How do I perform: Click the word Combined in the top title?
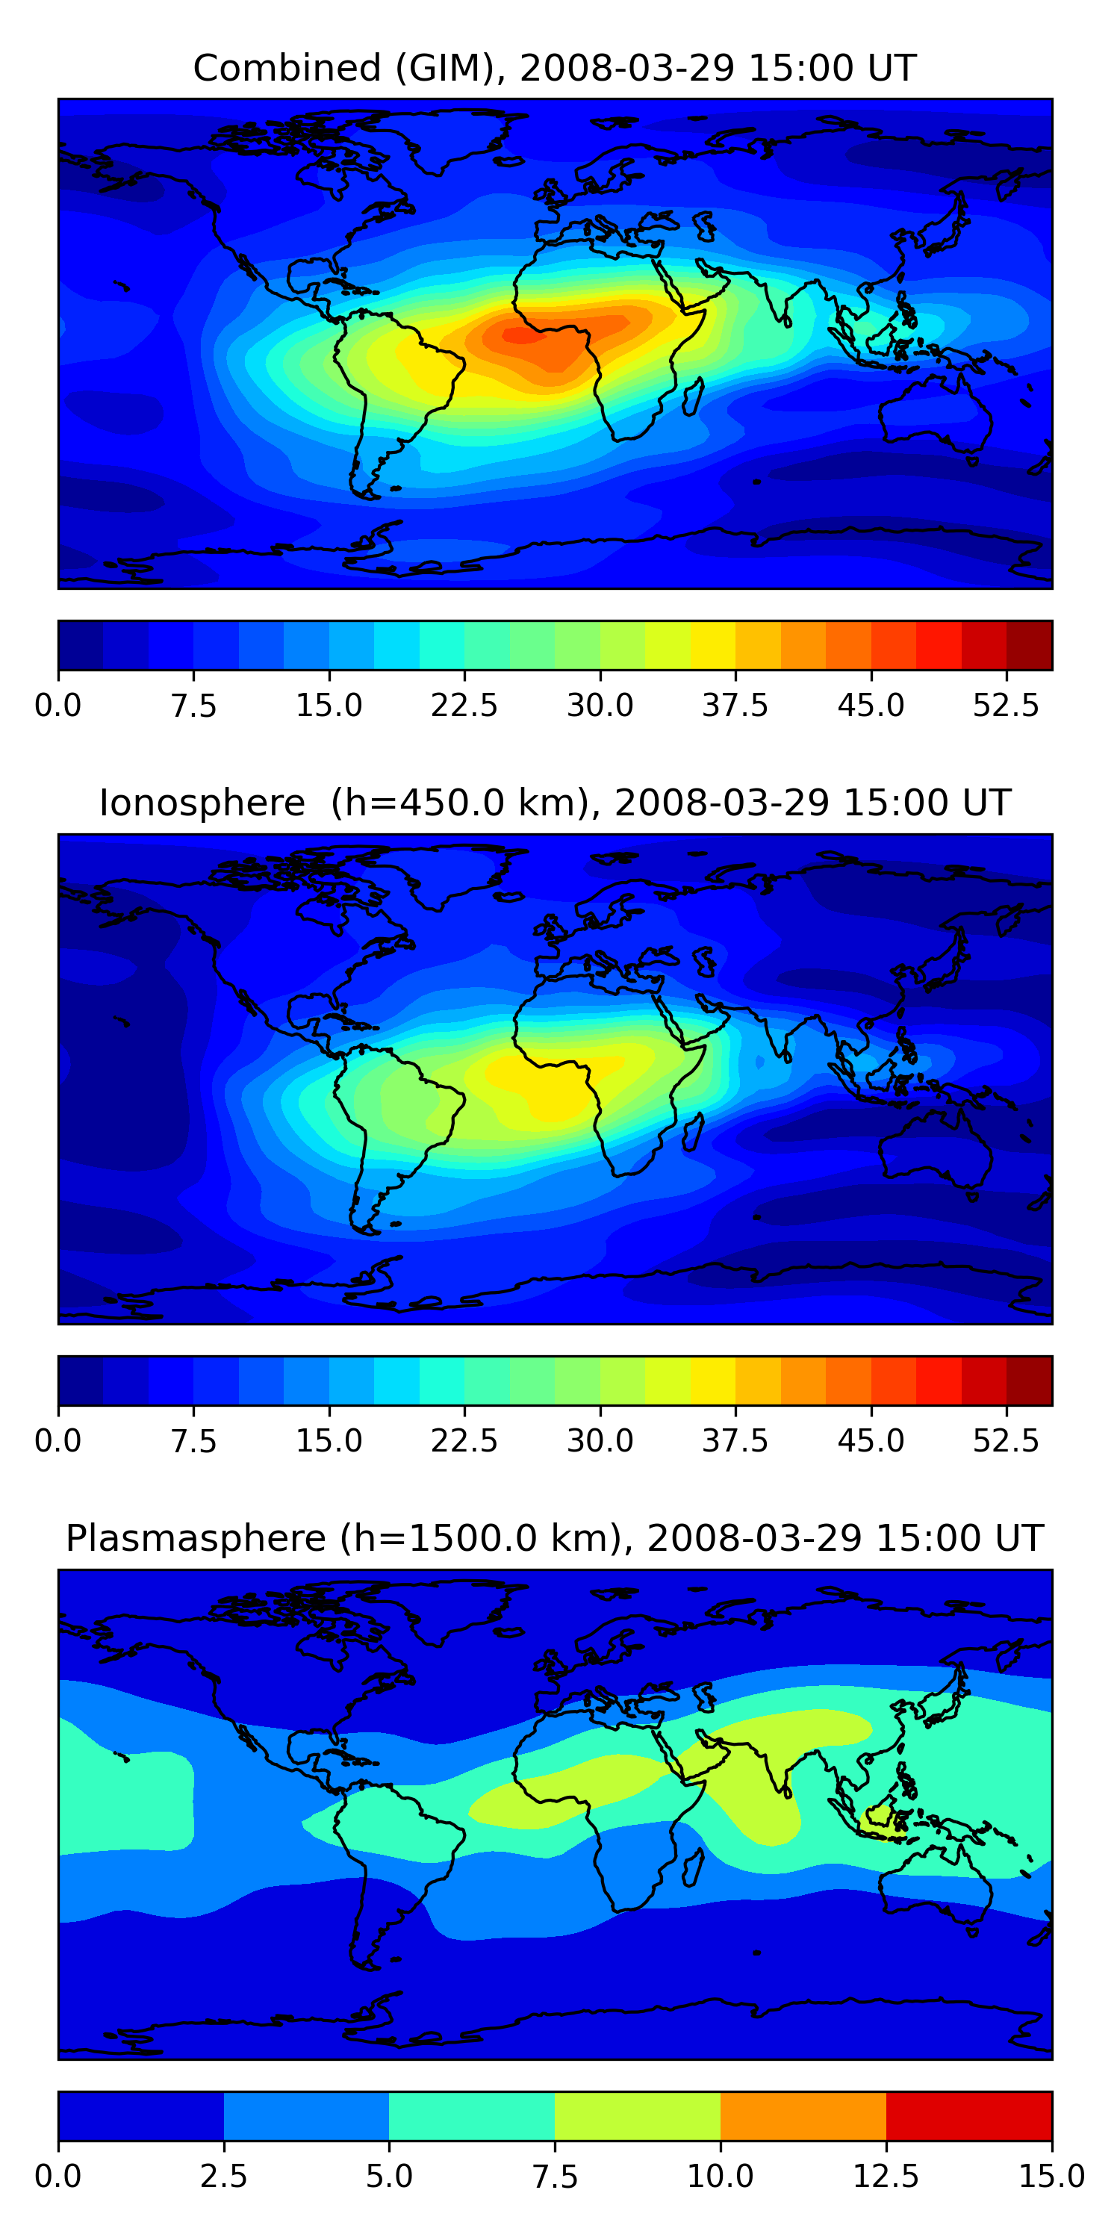(287, 68)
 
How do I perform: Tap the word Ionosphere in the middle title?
(202, 803)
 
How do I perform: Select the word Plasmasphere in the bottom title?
(196, 1538)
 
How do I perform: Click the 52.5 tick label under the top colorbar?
(1006, 705)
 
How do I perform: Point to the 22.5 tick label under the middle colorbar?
(464, 1441)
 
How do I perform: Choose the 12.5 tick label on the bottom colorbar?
(886, 2177)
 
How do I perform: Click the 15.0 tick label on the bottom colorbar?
(1052, 2177)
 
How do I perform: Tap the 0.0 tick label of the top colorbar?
(58, 705)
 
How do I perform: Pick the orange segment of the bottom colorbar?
(803, 2115)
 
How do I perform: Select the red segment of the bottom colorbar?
(968, 2115)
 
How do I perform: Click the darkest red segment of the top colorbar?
(1030, 645)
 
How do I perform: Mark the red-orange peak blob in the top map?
(522, 333)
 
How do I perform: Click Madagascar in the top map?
(692, 396)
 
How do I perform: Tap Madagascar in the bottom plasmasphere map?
(692, 1867)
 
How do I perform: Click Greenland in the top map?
(452, 139)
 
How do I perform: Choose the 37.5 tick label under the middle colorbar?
(735, 1441)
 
